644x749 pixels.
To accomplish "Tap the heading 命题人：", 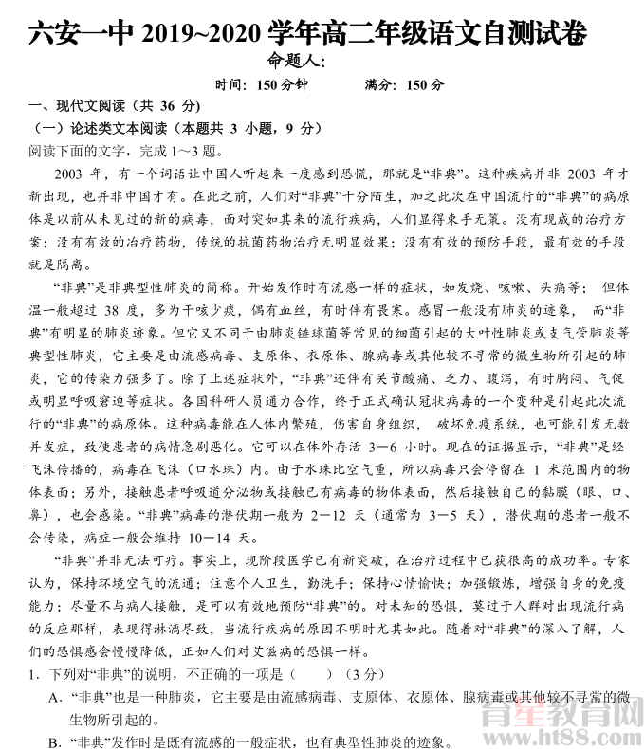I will tap(297, 62).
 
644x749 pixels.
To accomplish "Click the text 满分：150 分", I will tap(404, 84).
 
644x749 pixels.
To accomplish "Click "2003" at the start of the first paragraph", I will tap(72, 174).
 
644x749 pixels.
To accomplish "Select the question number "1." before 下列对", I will tap(35, 675).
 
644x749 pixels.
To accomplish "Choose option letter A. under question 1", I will tap(57, 698).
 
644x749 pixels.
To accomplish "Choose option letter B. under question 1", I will tap(56, 741).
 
